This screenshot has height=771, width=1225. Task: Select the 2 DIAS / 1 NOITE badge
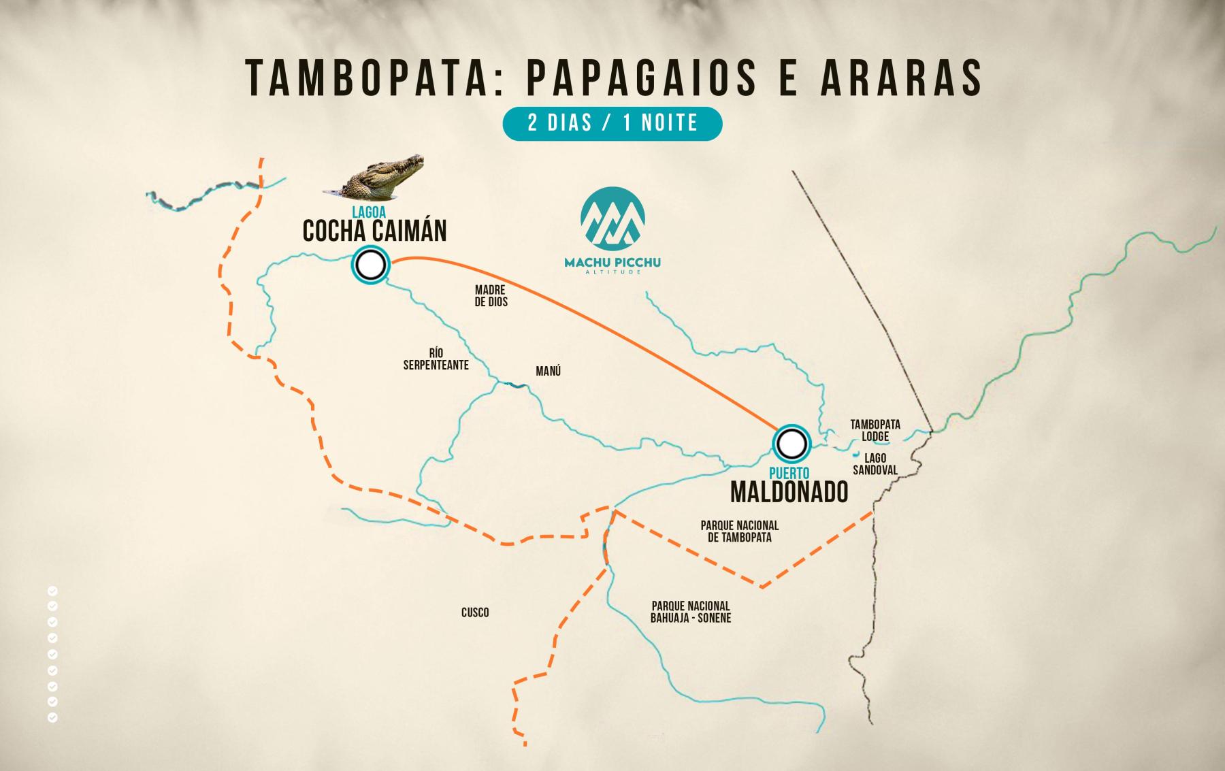(x=612, y=123)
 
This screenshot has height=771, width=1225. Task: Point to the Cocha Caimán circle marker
(x=370, y=264)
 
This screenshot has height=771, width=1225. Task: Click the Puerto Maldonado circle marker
(x=791, y=444)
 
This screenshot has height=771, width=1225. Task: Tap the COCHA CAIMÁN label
(x=374, y=231)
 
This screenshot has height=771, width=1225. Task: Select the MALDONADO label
(x=789, y=491)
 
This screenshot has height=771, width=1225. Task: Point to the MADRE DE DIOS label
(x=491, y=296)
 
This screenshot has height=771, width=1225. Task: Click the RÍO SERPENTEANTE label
(x=436, y=359)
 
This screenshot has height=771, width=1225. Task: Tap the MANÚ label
(x=549, y=372)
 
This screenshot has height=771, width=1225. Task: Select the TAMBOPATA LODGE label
(x=875, y=430)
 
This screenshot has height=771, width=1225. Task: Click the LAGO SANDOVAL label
(x=875, y=464)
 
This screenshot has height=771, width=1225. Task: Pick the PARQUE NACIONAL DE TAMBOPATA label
(x=739, y=531)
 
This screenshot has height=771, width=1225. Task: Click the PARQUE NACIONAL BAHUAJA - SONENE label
(x=691, y=612)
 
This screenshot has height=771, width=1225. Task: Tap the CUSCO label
(x=475, y=612)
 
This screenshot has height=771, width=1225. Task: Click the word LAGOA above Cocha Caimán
(x=369, y=213)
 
